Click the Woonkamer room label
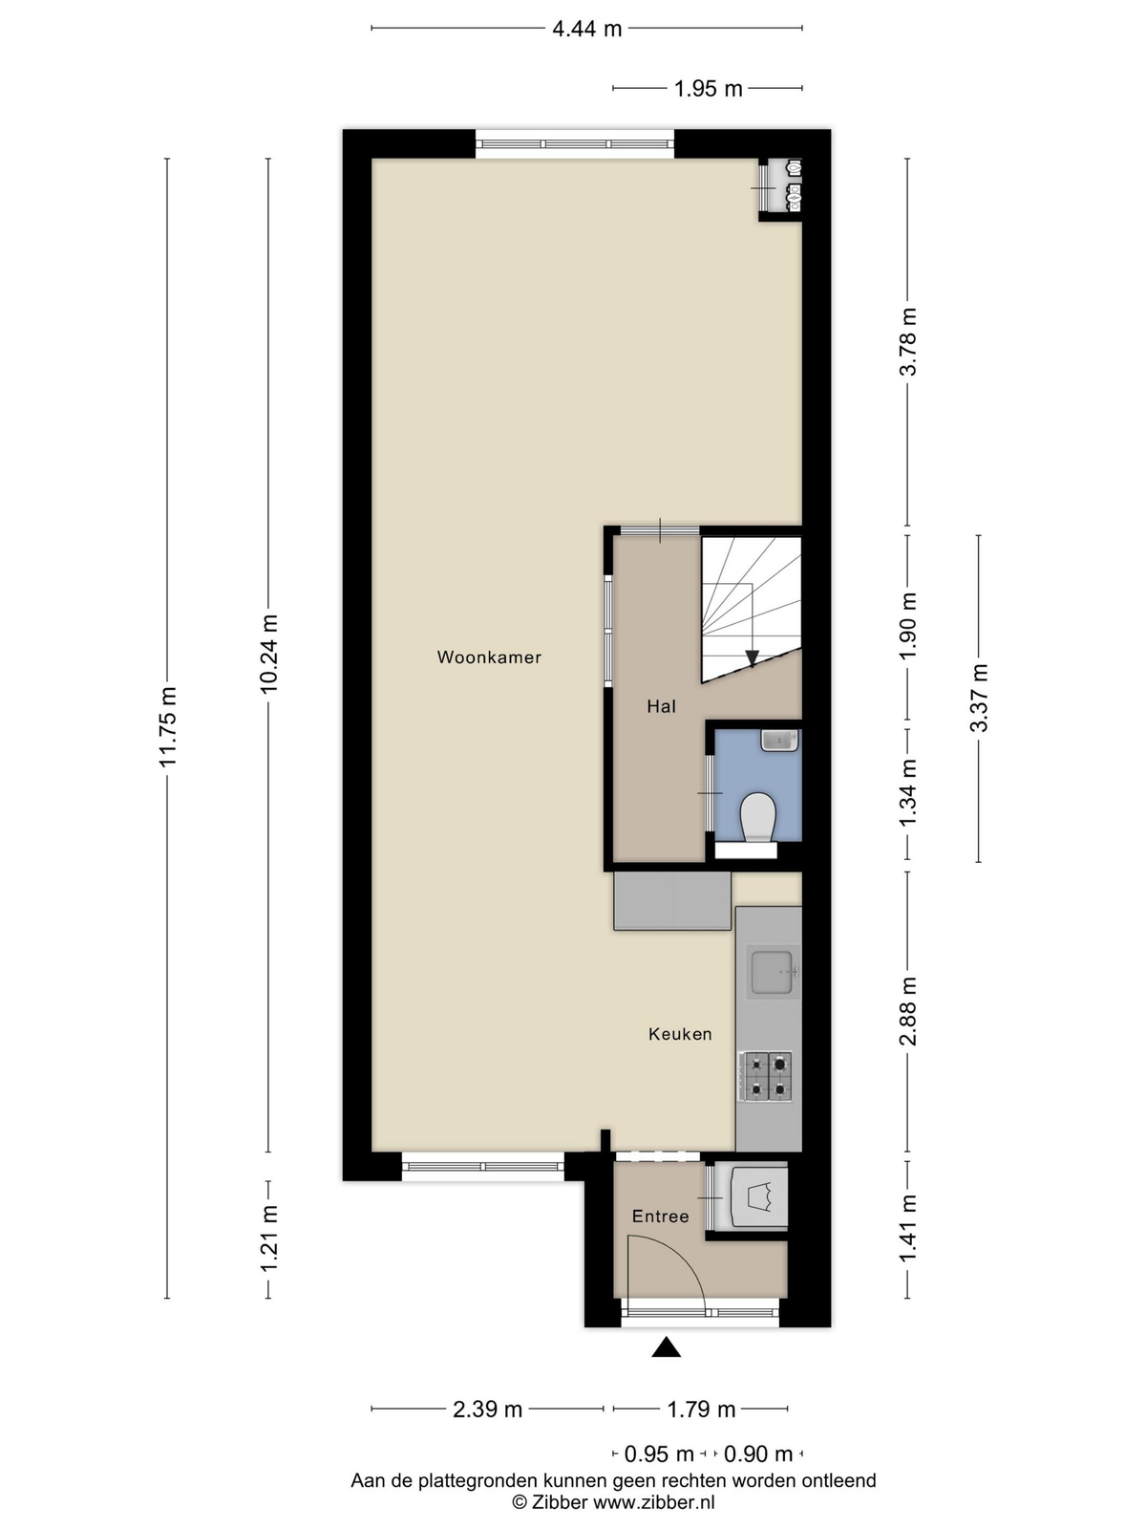coord(489,657)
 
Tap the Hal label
coord(661,706)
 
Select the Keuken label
coord(680,1034)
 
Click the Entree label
coord(660,1217)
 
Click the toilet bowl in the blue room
coord(759,817)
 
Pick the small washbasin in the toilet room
coord(779,740)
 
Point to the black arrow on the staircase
coord(752,657)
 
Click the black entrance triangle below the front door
coord(666,1347)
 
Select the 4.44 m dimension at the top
coord(586,29)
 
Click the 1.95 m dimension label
coord(708,89)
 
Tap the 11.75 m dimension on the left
coord(168,726)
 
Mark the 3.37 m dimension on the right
coord(979,698)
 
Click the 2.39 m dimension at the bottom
coord(487,1409)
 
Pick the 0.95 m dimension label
coord(658,1454)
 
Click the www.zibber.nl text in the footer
coord(654,1502)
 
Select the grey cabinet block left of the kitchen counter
coord(671,901)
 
